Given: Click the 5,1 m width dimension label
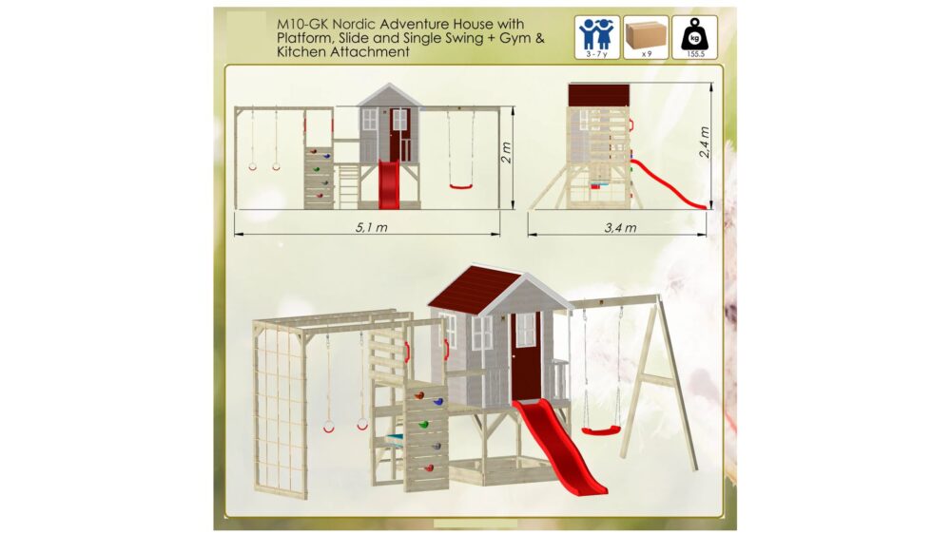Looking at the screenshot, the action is click(371, 228).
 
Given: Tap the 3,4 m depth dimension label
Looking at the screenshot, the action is click(620, 228).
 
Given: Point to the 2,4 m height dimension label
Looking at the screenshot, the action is click(704, 143).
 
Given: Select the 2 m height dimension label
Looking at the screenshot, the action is click(507, 152).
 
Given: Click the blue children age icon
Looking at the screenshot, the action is click(597, 34).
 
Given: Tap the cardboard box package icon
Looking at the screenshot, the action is click(646, 35).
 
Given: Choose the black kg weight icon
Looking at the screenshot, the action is click(694, 35).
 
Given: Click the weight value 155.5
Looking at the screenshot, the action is click(695, 54).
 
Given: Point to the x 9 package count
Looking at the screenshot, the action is click(647, 54).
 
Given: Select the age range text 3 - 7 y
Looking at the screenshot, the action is click(597, 54).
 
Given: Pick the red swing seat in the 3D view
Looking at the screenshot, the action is click(601, 430).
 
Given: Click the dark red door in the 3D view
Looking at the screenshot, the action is click(525, 356).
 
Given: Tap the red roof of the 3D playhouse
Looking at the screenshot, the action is click(472, 288).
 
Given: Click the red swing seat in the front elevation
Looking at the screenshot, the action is click(461, 186).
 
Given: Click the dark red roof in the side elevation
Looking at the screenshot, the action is click(598, 95).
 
